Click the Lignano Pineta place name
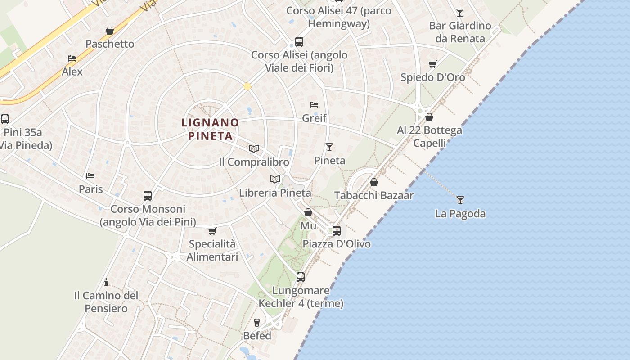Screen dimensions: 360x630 click(x=210, y=129)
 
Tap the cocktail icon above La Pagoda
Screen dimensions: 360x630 click(x=460, y=200)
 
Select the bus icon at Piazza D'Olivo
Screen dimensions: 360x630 click(x=337, y=231)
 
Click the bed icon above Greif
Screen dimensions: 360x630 click(x=314, y=105)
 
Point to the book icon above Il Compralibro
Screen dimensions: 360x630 click(x=254, y=148)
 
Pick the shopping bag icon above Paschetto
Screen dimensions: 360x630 click(x=109, y=31)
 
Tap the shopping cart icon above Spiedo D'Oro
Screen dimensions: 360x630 click(x=432, y=64)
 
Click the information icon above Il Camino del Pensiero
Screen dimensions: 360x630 click(x=106, y=282)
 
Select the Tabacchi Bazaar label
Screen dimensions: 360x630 click(x=374, y=195)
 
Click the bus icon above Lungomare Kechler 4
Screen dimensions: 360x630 click(x=301, y=277)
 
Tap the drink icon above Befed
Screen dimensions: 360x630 click(x=257, y=322)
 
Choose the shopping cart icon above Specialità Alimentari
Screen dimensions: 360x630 click(x=212, y=231)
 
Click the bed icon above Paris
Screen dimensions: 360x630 click(x=90, y=175)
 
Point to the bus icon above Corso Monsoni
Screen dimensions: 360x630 click(x=148, y=196)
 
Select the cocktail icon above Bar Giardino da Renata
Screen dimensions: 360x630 click(x=459, y=12)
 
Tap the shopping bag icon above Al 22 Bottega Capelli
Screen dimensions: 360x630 click(x=429, y=117)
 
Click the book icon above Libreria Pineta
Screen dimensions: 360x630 click(x=275, y=179)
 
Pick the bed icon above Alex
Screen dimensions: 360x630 click(x=72, y=58)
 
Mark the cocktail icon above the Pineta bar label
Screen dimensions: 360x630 click(x=329, y=147)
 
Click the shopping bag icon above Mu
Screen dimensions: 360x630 click(x=308, y=212)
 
